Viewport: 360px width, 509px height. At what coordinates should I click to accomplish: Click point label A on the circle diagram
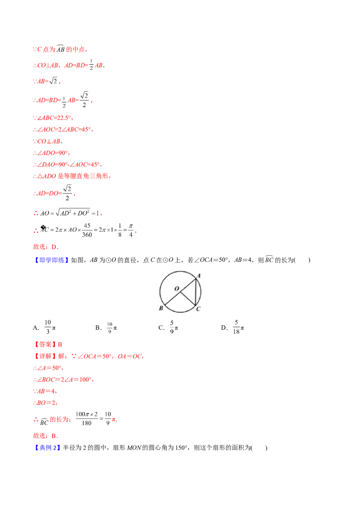tap(199, 276)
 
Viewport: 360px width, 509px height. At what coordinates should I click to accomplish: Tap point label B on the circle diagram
tap(161, 308)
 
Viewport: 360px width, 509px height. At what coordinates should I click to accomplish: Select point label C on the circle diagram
tap(198, 309)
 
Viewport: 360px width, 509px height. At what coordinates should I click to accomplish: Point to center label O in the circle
tap(177, 288)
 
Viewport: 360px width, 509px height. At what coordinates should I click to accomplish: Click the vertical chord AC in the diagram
tap(196, 292)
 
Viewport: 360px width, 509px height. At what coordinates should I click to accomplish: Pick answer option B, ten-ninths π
tap(106, 327)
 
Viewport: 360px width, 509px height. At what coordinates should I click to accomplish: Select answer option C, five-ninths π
tap(168, 327)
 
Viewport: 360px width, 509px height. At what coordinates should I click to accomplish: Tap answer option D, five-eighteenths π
tap(233, 327)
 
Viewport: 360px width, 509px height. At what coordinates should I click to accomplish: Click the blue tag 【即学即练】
tap(51, 260)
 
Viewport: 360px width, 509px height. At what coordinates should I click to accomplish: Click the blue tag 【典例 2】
tap(47, 448)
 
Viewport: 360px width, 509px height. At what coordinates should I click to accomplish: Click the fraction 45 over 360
tap(87, 230)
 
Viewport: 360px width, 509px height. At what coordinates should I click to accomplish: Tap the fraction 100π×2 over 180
tap(86, 419)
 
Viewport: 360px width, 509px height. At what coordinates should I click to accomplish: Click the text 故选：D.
tap(46, 247)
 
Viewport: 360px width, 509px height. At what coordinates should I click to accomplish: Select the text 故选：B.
tap(46, 436)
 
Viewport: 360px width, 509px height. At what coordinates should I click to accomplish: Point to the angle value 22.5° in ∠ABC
tap(64, 118)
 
